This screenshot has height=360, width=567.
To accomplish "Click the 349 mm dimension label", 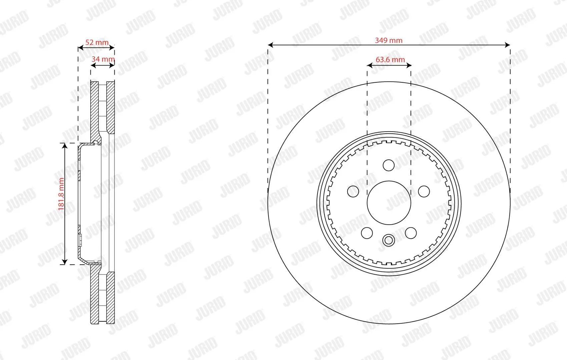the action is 389,40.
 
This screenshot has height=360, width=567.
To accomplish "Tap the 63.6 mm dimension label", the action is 390,59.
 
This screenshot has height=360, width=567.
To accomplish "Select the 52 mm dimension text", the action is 97,42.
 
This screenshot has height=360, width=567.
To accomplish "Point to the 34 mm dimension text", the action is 103,59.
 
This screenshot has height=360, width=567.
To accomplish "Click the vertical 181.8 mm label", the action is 61,194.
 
